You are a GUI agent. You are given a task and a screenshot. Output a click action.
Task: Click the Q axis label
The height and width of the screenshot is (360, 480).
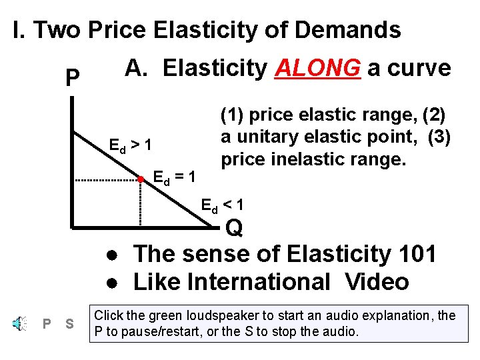click(234, 229)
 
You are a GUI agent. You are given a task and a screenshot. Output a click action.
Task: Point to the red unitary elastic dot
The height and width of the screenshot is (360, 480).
click(141, 179)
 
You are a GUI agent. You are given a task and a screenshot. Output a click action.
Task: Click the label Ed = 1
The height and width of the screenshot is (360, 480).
click(174, 177)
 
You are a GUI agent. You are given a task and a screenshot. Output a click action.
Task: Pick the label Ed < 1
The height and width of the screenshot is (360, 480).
click(223, 205)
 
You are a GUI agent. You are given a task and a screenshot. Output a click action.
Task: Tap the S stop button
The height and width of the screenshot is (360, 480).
click(69, 324)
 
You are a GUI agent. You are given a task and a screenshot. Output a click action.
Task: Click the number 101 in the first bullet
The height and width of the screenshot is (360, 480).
click(415, 254)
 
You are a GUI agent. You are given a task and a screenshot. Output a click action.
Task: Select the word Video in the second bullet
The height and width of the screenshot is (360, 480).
click(377, 282)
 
